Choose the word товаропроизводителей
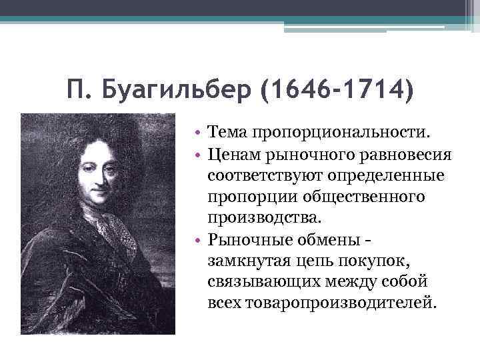[x=339, y=302]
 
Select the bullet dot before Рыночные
[x=199, y=239]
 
